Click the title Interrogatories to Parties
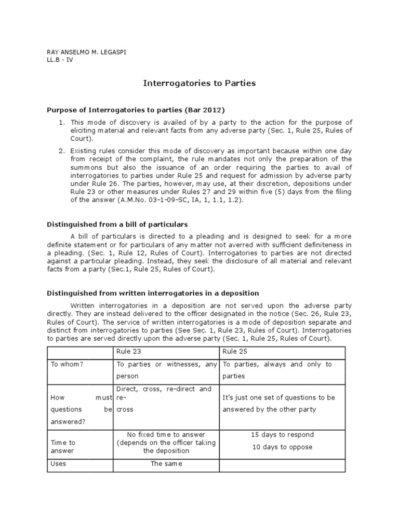[199, 83]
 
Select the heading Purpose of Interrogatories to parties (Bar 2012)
[136, 110]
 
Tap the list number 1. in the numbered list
[61, 122]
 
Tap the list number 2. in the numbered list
[61, 151]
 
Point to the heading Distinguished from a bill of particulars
[117, 224]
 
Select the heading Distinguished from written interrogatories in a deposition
[153, 294]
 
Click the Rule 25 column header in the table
[233, 352]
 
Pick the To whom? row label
[67, 365]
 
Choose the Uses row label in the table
[58, 463]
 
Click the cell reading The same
[166, 463]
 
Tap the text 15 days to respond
[282, 435]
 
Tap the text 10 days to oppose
[282, 447]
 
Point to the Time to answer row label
[63, 447]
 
